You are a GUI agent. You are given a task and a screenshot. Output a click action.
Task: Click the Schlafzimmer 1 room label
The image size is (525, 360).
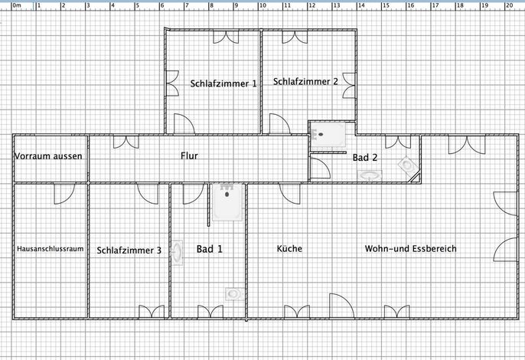pos(223,83)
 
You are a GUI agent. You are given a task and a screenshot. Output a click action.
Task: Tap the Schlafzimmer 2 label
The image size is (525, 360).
pos(305,81)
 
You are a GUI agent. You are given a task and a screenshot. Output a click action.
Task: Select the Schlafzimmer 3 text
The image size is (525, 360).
pos(129,250)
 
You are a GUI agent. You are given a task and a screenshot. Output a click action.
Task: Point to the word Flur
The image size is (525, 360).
pos(189,155)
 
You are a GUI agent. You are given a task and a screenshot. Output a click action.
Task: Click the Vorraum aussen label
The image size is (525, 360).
pos(48,155)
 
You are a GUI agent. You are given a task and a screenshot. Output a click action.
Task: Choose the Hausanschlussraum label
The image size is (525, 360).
pos(51,249)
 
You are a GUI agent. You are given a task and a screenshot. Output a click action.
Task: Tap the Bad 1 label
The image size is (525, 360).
pos(209,249)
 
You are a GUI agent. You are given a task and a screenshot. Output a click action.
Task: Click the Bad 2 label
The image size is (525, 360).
pos(365,157)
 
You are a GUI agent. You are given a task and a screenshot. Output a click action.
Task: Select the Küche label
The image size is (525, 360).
pos(289,248)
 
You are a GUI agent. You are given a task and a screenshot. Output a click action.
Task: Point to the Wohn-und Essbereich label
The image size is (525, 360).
pos(410,248)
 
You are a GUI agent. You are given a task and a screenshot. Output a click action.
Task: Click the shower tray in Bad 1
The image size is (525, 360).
pos(227,202)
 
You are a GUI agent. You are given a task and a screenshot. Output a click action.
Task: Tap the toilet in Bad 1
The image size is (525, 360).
pos(234,294)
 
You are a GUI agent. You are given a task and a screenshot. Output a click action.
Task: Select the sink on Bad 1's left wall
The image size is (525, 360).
pos(177,253)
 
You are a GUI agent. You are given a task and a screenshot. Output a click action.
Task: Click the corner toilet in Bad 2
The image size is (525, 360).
pos(408,166)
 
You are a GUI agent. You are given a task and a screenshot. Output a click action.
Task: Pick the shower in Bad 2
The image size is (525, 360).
pos(328,135)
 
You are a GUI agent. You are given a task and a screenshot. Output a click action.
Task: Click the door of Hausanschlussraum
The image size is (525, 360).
pos(64,194)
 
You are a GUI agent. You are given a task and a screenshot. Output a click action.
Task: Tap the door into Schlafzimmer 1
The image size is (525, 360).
pos(184,123)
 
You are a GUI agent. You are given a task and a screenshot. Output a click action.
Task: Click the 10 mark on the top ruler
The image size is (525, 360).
pos(262,5)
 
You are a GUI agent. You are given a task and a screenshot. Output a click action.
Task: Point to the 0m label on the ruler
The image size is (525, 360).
pos(17,5)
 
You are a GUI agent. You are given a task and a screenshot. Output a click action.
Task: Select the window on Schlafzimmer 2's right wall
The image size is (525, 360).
pos(349,86)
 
